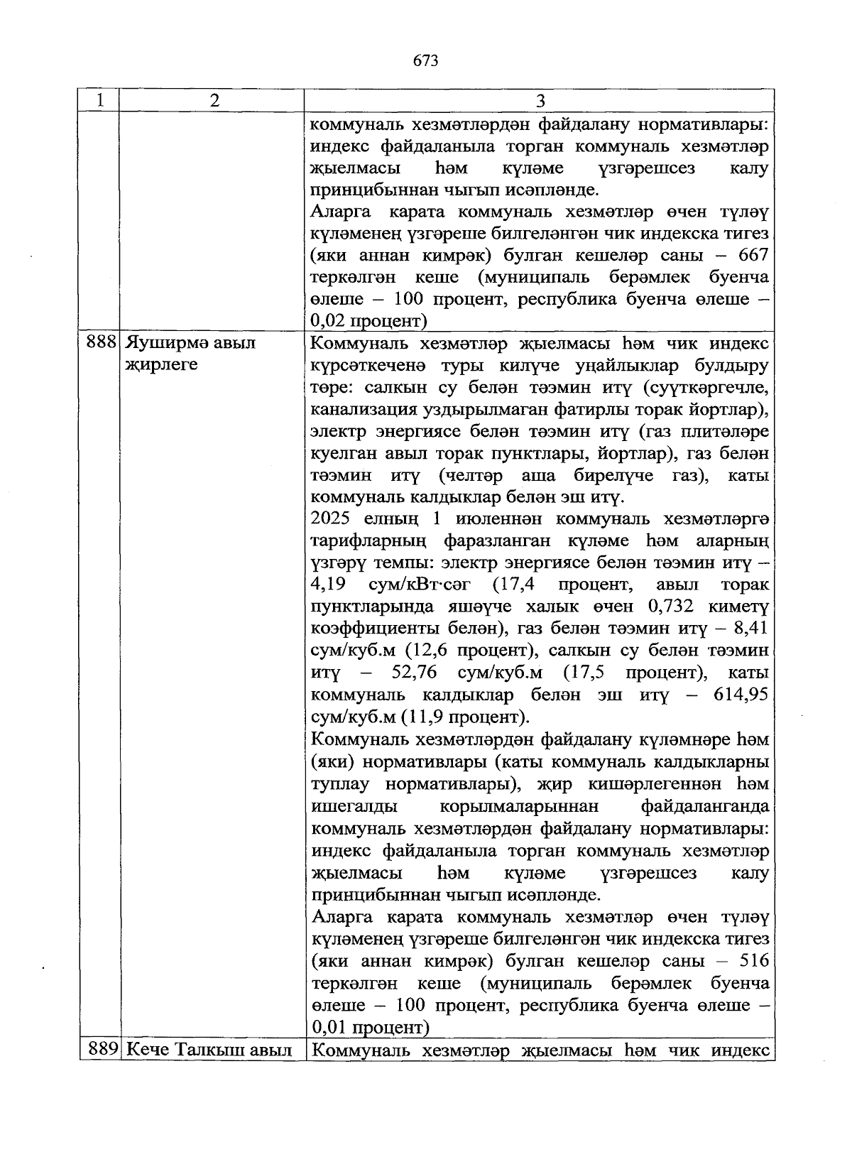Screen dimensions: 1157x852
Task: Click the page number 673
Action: [425, 60]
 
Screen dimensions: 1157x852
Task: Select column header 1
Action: [100, 100]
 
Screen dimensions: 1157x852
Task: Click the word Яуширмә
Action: [166, 344]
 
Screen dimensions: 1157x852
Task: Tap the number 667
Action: [753, 255]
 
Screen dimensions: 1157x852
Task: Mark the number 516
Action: [753, 961]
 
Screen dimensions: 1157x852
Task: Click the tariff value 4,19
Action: [328, 585]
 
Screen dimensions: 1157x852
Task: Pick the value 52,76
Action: [414, 673]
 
